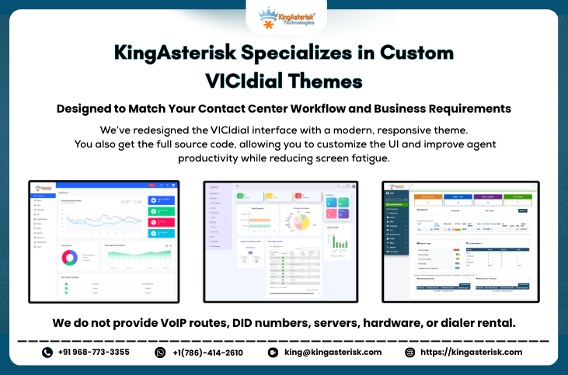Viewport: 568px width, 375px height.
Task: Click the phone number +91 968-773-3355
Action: [93, 352]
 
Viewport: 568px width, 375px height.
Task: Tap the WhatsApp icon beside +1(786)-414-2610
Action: [161, 352]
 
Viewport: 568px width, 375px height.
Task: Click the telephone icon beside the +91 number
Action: [47, 352]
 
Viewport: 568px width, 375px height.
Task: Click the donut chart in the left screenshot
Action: [68, 257]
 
